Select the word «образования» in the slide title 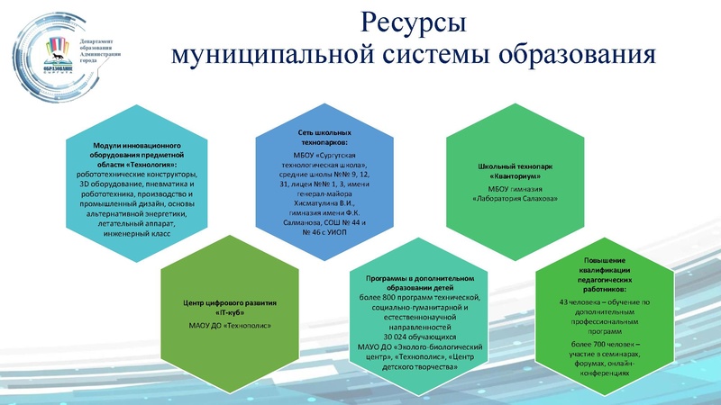coord(574,55)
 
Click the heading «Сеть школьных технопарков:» coord(324,138)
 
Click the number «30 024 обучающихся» coord(415,337)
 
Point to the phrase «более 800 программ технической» coord(415,298)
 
